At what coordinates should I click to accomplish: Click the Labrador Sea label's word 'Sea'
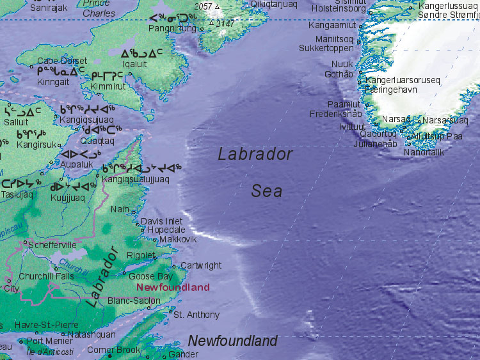pos(267,191)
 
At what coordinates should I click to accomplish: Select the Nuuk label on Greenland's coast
pos(342,64)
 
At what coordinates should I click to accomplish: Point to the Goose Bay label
pos(150,277)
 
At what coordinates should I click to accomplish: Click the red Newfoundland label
pos(173,287)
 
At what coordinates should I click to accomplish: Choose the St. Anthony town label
pos(196,315)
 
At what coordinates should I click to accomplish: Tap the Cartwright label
pos(201,265)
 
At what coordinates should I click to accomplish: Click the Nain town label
pos(120,209)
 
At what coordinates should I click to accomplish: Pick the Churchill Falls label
pos(46,276)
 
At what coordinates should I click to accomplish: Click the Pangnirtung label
pos(172,29)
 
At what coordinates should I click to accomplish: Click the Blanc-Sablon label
pos(134,301)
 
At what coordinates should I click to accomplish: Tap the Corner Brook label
pos(114,350)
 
